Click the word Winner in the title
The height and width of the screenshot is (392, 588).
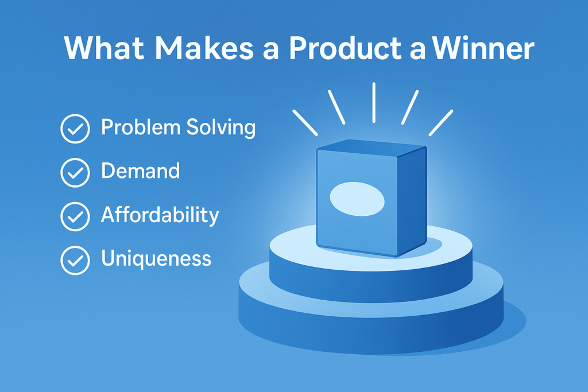point(483,48)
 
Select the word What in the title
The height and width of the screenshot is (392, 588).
point(104,48)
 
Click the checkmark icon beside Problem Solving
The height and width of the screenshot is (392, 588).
point(75,129)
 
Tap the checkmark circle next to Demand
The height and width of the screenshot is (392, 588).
point(75,172)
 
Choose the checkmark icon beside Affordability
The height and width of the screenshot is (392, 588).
point(75,216)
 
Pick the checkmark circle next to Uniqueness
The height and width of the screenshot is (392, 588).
point(75,260)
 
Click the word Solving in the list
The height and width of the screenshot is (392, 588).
point(221,128)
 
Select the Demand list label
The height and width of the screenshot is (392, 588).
point(140,171)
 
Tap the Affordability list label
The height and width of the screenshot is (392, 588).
point(160,215)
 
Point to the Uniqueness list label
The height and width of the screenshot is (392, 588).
point(156,259)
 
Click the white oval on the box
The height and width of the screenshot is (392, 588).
point(357,199)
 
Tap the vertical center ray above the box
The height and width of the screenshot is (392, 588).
point(374,102)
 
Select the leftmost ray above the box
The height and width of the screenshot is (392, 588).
point(305,123)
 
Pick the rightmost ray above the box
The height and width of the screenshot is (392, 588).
point(441,123)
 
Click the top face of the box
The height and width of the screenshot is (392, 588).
point(372,148)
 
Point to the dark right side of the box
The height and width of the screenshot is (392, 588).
point(412,201)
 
